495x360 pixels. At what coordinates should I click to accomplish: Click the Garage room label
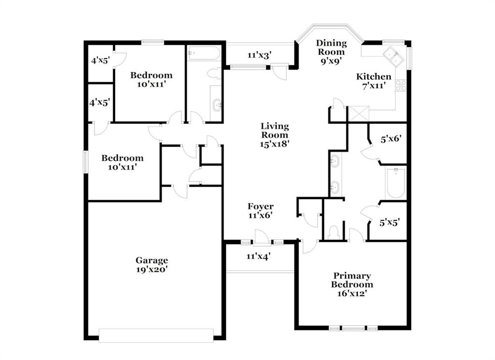click(x=152, y=260)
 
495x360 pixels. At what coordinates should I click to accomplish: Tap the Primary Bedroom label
click(x=352, y=280)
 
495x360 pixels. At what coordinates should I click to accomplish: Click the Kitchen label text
click(x=374, y=76)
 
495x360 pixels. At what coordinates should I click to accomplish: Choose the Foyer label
click(x=261, y=207)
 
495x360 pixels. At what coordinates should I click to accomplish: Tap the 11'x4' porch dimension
click(x=259, y=256)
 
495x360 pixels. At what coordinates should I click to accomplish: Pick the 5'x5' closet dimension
click(x=390, y=223)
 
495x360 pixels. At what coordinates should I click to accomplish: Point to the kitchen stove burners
click(x=401, y=86)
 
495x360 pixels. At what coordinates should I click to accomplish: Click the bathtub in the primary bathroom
click(x=396, y=183)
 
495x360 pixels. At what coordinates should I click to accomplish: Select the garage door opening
click(x=156, y=335)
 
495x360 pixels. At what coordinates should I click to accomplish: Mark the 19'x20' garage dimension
click(x=152, y=270)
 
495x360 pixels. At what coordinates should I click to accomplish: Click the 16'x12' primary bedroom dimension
click(x=352, y=294)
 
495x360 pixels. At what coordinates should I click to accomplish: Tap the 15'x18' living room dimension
click(x=275, y=144)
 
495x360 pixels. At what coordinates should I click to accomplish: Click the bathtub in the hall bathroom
click(x=204, y=53)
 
